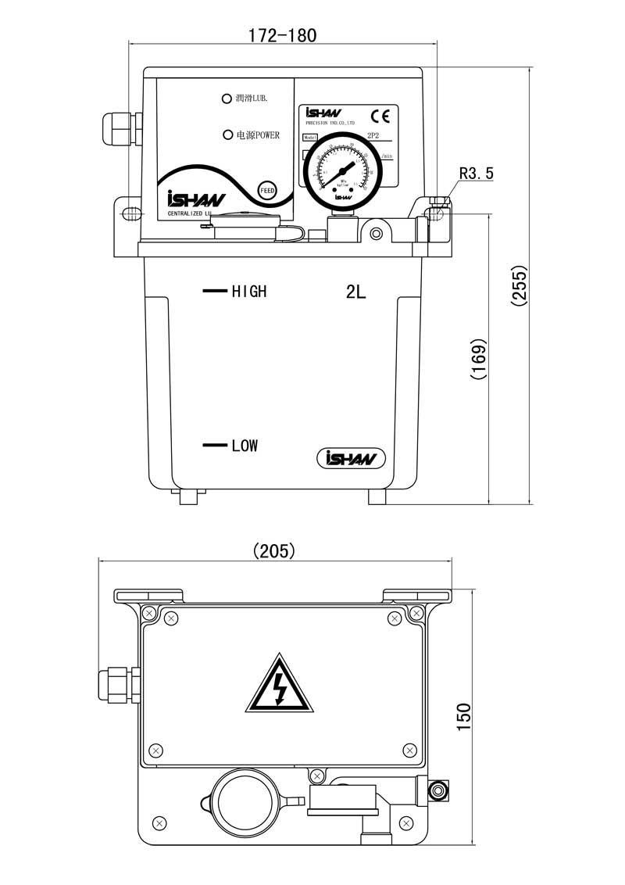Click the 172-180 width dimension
(x=282, y=35)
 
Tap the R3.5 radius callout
(x=476, y=174)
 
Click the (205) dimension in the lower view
(x=274, y=551)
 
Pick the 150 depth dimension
(x=464, y=716)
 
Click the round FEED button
(x=267, y=190)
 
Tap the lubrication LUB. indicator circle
(x=227, y=99)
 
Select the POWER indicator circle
(x=228, y=135)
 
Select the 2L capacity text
(x=355, y=292)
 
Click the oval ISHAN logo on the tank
(x=352, y=458)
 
